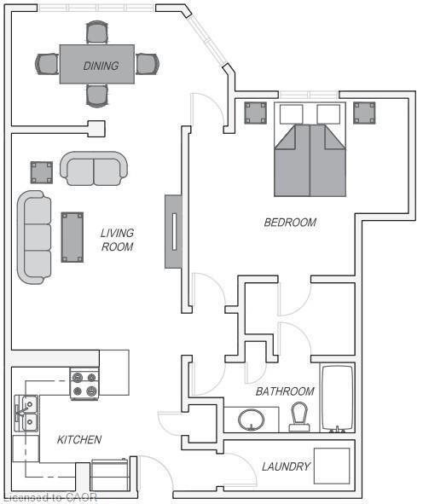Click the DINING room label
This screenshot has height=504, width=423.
(101, 66)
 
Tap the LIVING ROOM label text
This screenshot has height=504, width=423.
(117, 240)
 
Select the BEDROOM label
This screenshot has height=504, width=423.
(290, 223)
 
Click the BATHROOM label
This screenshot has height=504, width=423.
(285, 391)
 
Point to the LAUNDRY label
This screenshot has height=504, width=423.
(286, 466)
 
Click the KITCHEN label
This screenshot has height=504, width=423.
(79, 440)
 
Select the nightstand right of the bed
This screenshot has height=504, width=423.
(364, 113)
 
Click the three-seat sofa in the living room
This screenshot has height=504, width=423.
(34, 237)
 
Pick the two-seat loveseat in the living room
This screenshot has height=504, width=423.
(93, 170)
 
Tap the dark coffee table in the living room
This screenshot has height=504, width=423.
(71, 236)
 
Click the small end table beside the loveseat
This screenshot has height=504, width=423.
(41, 173)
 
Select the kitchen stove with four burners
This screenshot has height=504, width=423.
(85, 384)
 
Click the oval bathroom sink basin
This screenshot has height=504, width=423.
(251, 420)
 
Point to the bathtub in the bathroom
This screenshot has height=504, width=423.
(336, 399)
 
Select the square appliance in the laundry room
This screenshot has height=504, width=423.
(332, 466)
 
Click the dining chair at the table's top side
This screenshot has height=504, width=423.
(97, 33)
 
